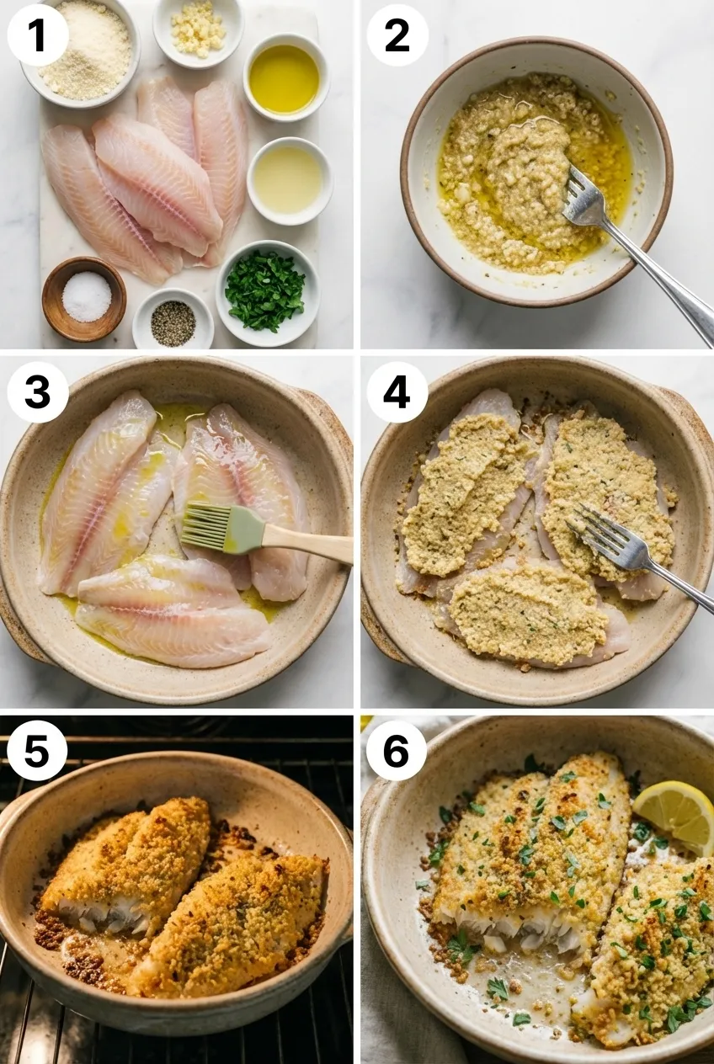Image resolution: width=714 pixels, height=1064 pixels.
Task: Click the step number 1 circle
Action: click(38, 35)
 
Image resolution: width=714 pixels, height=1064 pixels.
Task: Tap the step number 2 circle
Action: click(397, 35)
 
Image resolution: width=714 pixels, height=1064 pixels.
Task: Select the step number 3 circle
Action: click(38, 392)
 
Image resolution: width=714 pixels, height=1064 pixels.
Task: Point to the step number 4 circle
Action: click(397, 392)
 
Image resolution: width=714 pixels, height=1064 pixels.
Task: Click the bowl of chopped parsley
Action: click(265, 291)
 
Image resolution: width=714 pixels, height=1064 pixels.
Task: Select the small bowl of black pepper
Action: click(173, 322)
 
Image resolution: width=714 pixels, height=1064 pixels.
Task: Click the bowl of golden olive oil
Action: click(285, 79)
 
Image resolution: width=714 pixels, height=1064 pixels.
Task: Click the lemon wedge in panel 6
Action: click(676, 814)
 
